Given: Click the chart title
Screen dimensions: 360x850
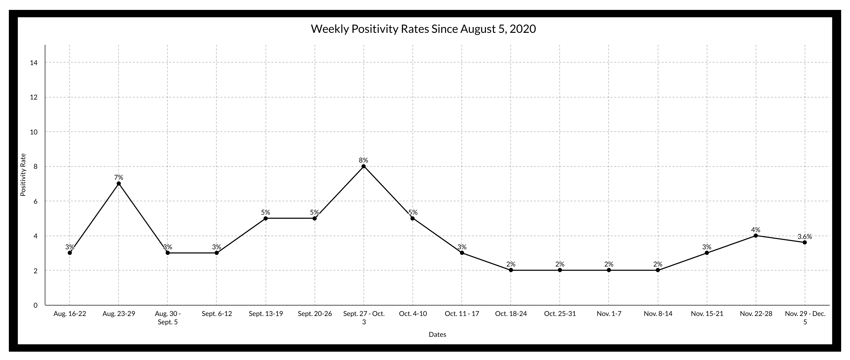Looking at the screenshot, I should [x=423, y=29].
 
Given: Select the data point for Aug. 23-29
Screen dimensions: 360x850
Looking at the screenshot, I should [x=119, y=183].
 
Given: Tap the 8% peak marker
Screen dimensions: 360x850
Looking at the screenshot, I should [x=364, y=166].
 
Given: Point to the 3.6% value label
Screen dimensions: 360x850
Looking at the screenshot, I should [x=804, y=236].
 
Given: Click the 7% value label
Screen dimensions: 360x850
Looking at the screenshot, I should [x=119, y=177].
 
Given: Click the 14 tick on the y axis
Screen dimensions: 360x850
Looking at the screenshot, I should [x=34, y=63].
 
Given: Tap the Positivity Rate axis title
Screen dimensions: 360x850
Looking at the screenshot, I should [x=23, y=175].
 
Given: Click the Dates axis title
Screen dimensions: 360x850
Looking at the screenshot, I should [x=437, y=334].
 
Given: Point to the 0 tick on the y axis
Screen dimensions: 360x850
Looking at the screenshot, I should [x=35, y=305].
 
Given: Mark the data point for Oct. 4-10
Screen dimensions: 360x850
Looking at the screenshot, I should [x=413, y=218].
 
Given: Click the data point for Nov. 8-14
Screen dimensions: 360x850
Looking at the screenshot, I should [x=658, y=270].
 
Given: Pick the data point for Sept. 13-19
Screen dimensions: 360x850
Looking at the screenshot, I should [x=266, y=218].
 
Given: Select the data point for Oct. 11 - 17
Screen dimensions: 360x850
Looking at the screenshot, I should [x=462, y=253].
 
